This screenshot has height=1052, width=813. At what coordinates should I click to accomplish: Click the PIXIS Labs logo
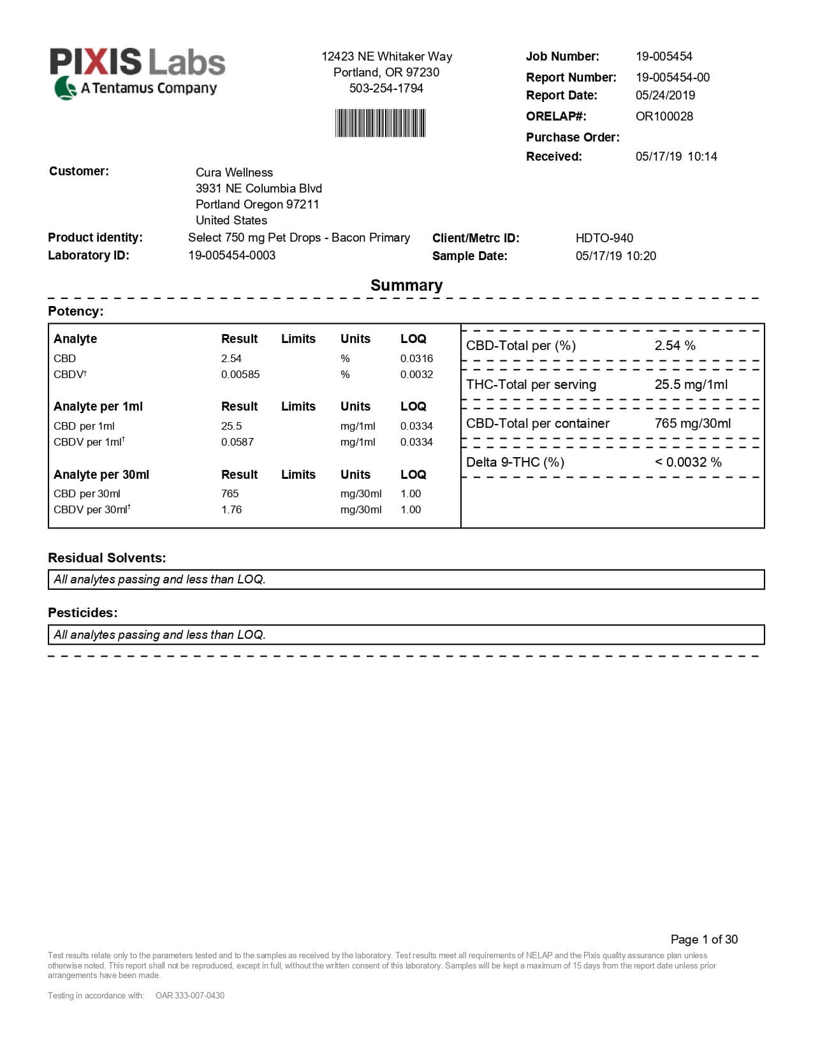[138, 72]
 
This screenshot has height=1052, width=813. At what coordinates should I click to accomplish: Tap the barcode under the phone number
[381, 123]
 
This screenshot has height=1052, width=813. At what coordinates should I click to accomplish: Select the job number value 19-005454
[664, 56]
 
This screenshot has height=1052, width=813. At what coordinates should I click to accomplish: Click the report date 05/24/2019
[665, 95]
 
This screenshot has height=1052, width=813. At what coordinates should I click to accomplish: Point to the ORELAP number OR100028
[664, 116]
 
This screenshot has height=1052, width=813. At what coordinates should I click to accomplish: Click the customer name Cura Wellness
[234, 172]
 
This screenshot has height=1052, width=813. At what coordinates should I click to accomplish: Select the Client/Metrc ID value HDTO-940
[604, 238]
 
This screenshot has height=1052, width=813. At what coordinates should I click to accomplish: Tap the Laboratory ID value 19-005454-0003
[231, 255]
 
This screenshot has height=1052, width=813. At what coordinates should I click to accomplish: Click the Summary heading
[406, 285]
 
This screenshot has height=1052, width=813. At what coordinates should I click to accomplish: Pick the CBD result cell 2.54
[231, 358]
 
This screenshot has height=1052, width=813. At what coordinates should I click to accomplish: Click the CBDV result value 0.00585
[240, 374]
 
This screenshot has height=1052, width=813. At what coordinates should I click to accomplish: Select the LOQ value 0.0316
[416, 358]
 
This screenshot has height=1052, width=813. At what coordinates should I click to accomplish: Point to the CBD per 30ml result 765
[230, 493]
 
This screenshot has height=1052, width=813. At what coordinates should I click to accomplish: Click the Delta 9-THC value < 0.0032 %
[688, 462]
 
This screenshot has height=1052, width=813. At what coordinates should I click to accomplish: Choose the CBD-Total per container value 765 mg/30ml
[692, 423]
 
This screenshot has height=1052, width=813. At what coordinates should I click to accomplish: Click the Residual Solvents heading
[106, 558]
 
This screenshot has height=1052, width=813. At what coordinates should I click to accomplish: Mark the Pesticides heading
[83, 613]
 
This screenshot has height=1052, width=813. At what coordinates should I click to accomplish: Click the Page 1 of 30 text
[704, 939]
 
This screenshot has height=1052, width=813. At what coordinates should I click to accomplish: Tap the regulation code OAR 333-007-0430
[190, 995]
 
